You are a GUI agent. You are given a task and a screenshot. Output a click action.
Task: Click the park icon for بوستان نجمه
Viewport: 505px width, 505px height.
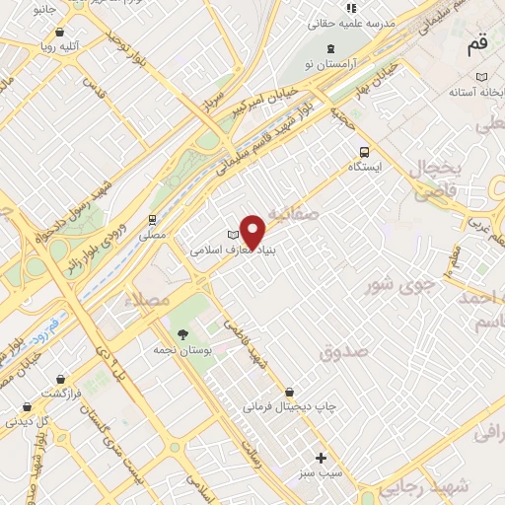pos(180,332)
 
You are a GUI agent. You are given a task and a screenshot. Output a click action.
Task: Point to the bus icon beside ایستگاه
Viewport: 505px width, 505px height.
pos(365,152)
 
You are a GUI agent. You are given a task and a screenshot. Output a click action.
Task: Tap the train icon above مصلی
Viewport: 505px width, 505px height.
pos(152,220)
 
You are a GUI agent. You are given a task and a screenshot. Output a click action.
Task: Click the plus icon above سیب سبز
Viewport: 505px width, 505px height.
pos(321,458)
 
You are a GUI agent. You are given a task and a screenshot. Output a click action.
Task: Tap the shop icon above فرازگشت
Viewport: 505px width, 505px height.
pos(62,379)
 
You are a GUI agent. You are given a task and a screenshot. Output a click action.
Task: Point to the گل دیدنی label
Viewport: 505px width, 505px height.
pos(30,419)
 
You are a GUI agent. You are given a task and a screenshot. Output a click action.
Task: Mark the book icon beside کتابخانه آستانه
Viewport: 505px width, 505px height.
pos(481,76)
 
